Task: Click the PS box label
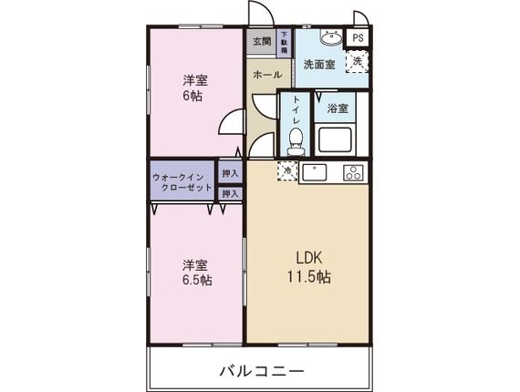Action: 358,37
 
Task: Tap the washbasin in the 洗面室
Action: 331,37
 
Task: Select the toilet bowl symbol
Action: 296,141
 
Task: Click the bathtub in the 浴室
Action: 335,139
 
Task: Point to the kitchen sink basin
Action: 314,172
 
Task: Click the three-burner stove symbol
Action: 354,172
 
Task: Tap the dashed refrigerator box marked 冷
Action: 287,171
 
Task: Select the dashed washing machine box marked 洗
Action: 358,62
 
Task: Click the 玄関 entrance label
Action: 262,42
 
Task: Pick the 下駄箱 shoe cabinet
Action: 285,43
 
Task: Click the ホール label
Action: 267,75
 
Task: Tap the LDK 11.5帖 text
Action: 309,267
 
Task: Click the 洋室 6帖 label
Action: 195,88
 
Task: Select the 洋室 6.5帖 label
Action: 197,273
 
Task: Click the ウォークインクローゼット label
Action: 182,182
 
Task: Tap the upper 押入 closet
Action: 230,173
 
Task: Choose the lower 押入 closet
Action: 230,193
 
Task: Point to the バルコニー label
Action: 262,371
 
